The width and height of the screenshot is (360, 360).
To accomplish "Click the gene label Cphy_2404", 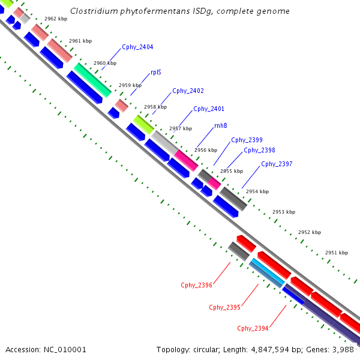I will (137, 47).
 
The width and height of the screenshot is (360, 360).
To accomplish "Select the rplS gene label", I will (156, 72).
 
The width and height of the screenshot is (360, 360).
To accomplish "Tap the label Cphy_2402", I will (188, 91).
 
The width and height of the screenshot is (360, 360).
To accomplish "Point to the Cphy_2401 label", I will (209, 109).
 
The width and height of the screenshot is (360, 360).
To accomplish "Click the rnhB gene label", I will (220, 126).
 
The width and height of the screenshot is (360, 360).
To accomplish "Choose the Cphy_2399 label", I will (247, 140).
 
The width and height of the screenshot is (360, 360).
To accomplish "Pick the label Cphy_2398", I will (259, 151).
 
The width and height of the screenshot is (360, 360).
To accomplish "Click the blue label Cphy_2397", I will (277, 164).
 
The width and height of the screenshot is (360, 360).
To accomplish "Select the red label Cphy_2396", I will (196, 285).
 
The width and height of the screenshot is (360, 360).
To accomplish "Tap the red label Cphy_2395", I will (224, 307).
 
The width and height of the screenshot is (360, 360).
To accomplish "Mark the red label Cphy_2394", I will (253, 328).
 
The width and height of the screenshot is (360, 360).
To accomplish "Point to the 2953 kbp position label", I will (284, 212).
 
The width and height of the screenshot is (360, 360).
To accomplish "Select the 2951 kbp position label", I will (336, 253).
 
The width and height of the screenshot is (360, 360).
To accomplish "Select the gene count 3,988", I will (346, 349).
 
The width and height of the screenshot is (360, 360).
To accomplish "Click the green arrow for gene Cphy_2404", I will (92, 79).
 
